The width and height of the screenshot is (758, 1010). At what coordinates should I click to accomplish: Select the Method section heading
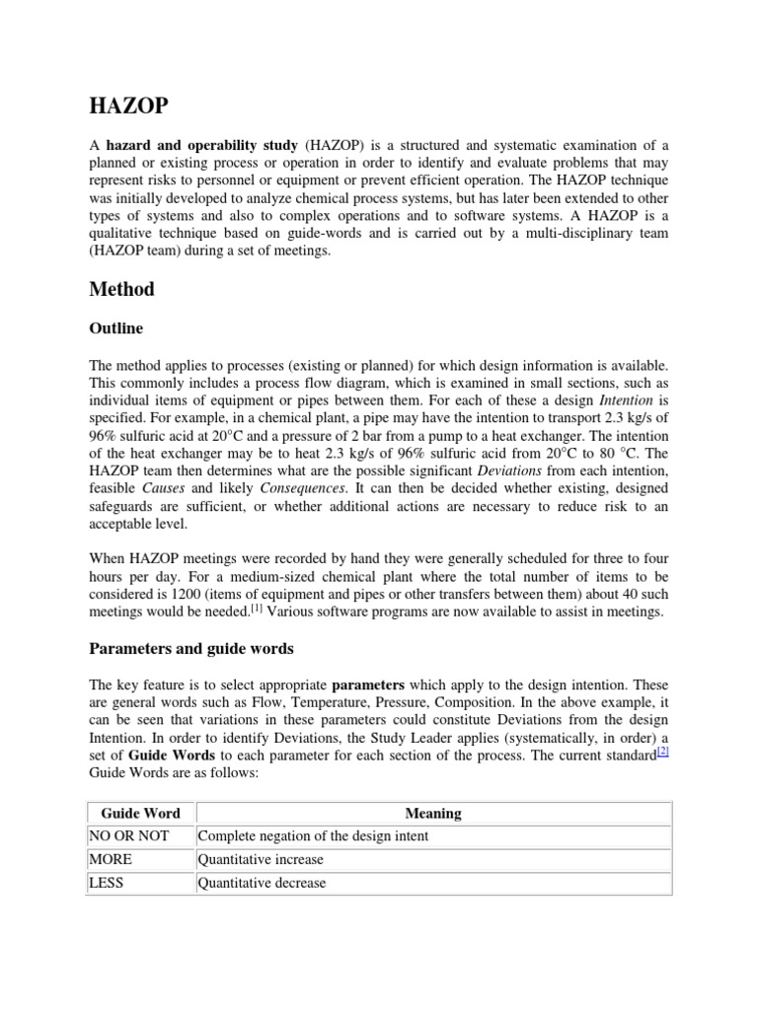pyautogui.click(x=121, y=289)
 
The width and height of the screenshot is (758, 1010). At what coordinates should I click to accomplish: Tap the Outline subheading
pyautogui.click(x=115, y=328)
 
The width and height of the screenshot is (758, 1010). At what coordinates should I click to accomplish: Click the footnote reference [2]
pyautogui.click(x=663, y=753)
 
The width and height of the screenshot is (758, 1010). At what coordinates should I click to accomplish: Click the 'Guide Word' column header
pyautogui.click(x=141, y=814)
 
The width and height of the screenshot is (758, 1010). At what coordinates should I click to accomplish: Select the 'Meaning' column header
pyautogui.click(x=433, y=814)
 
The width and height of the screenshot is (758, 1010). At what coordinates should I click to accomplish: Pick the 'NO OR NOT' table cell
pyautogui.click(x=129, y=836)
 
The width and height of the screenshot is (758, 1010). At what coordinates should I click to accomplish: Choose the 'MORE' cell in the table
pyautogui.click(x=111, y=860)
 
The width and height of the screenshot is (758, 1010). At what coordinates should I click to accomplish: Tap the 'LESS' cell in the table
pyautogui.click(x=107, y=883)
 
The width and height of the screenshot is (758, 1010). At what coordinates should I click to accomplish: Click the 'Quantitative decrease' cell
pyautogui.click(x=262, y=883)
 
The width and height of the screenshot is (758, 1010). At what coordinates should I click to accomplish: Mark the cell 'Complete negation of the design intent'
pyautogui.click(x=313, y=836)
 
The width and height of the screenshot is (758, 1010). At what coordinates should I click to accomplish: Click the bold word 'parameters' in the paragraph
pyautogui.click(x=369, y=684)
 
